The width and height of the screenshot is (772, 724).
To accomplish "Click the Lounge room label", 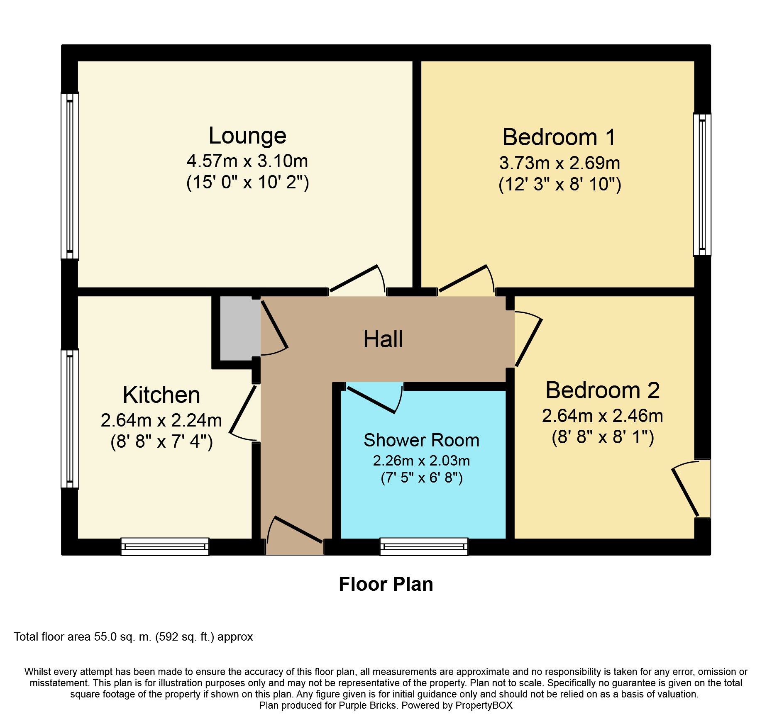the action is click(247, 136).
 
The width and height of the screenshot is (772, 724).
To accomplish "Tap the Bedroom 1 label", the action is click(559, 137).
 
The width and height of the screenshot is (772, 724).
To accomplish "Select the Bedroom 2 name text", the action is click(603, 390).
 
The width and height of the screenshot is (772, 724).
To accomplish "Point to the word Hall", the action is click(383, 339).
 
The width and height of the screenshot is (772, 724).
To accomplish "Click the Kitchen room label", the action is click(161, 395).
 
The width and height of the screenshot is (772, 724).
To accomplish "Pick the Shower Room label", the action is click(421, 440).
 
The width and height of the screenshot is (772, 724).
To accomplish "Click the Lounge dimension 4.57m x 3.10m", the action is click(247, 161).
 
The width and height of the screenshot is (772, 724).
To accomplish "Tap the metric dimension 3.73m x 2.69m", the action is click(559, 163).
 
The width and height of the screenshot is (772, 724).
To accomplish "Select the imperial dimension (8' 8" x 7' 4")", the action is click(161, 441).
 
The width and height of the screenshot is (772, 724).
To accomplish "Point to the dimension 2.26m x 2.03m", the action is click(421, 461).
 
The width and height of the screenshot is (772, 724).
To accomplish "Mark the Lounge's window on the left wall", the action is click(70, 176).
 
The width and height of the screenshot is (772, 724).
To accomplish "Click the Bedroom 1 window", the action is click(702, 184).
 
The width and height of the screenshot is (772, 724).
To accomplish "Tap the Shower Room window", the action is click(424, 546).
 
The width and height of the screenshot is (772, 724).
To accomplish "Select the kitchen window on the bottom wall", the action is click(165, 546).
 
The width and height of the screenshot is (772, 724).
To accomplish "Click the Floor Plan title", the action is click(386, 584).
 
